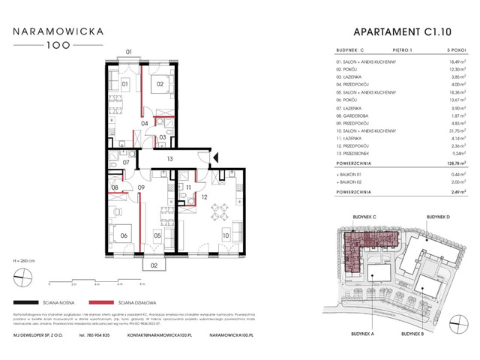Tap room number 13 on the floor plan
(x=170, y=158)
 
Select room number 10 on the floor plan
(x=226, y=235)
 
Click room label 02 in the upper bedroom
(x=160, y=84)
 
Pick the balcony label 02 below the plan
(x=154, y=265)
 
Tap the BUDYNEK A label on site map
(x=357, y=332)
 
